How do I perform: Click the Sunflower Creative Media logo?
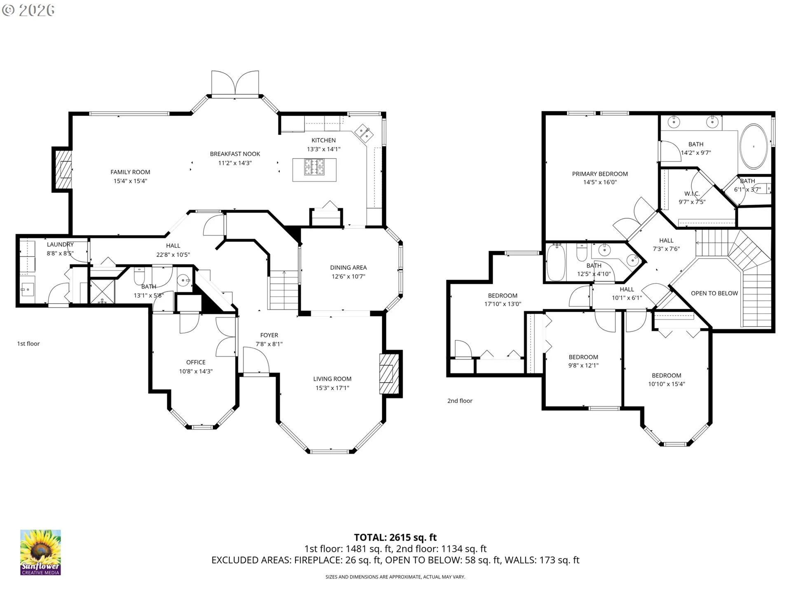(x=40, y=552)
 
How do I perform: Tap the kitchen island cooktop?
(x=314, y=167)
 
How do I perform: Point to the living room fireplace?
(x=388, y=374)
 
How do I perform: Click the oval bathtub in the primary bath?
(x=754, y=146)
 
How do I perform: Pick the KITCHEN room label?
(x=323, y=140)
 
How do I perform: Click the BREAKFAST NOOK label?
(x=235, y=154)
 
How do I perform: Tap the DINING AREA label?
(x=348, y=268)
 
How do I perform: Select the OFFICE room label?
(x=196, y=362)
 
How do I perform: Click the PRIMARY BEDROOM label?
(x=600, y=174)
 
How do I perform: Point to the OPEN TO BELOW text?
(x=714, y=293)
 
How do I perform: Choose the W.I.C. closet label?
(x=692, y=194)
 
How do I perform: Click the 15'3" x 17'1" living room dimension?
(x=332, y=388)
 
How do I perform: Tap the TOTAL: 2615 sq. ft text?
(x=395, y=537)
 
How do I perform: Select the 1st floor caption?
(x=28, y=343)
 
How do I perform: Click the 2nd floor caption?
(x=460, y=401)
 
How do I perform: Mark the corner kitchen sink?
(x=364, y=133)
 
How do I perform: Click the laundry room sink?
(x=27, y=289)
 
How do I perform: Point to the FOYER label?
(x=269, y=335)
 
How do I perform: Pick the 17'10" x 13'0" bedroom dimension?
(x=503, y=304)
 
